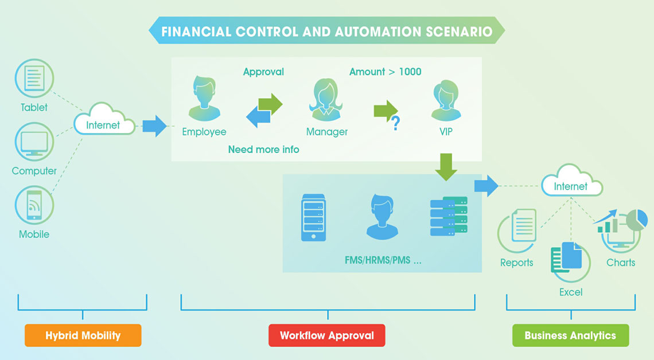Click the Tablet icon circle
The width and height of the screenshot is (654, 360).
34,79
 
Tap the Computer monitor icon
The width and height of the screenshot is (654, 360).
34,142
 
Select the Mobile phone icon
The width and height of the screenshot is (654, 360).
34,205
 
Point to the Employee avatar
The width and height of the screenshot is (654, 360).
204,99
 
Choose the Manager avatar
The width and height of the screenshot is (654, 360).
326,100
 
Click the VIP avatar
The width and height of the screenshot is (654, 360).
446,100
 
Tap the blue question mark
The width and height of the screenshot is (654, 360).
395,123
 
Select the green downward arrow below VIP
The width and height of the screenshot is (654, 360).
446,167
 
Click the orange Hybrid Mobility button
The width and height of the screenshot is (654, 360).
83,335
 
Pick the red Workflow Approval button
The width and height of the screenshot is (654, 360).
326,335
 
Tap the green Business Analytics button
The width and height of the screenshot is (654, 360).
571,335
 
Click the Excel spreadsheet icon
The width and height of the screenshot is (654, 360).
567,257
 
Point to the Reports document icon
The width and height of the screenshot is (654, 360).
523,225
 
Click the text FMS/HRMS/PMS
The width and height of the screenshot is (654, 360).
377,261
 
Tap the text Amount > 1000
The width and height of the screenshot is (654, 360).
386,72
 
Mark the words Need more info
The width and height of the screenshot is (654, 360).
263,150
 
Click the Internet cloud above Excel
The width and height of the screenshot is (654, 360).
572,181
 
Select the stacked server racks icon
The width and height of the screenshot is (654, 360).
449,216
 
